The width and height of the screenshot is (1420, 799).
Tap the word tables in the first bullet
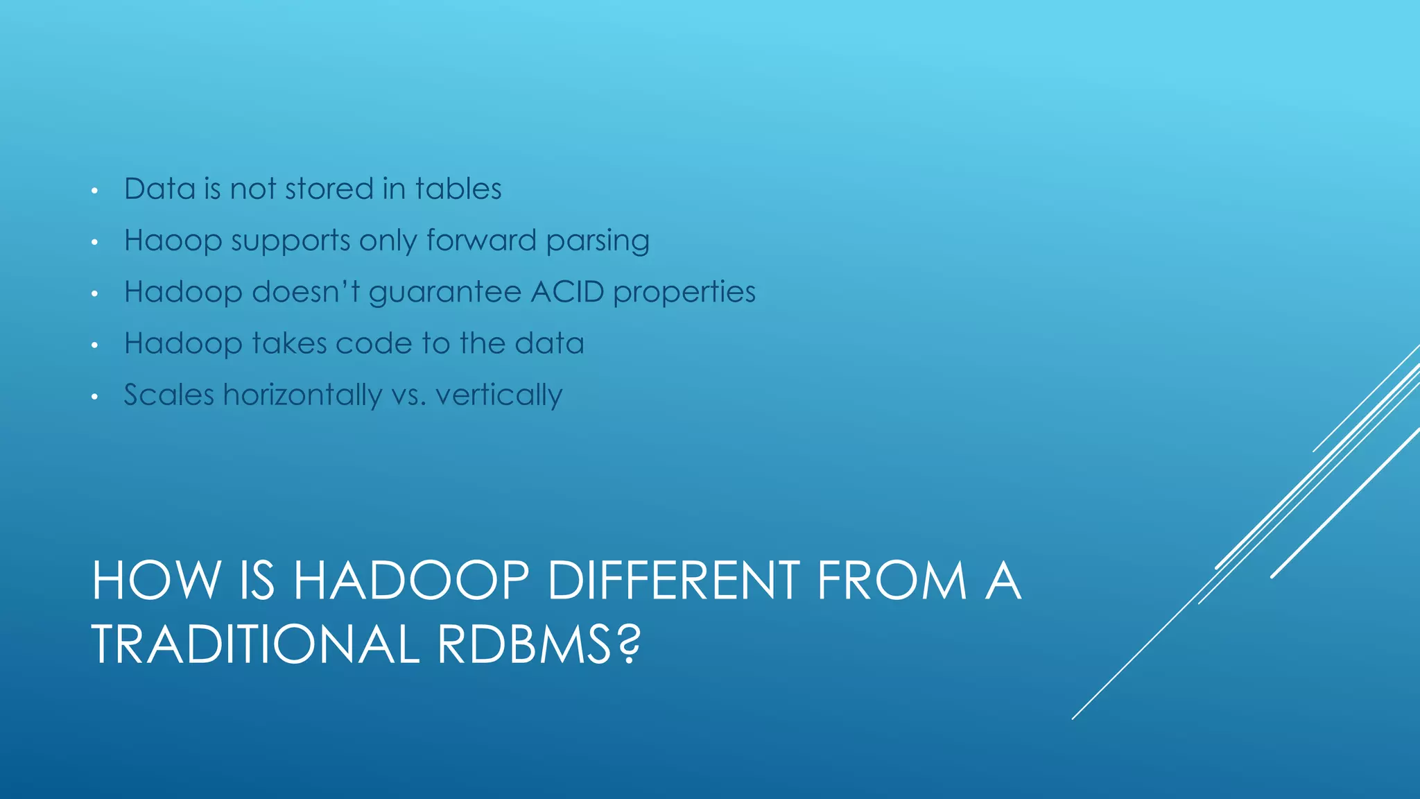point(458,189)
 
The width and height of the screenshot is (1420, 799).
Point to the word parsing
point(597,241)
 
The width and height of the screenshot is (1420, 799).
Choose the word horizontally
point(302,395)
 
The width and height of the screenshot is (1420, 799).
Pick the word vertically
point(499,395)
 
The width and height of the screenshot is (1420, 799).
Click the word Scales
point(168,395)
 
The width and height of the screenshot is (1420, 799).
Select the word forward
point(481,241)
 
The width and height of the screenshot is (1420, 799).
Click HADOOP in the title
point(411,581)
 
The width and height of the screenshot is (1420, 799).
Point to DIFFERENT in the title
point(674,581)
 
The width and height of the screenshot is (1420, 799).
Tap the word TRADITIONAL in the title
point(255,644)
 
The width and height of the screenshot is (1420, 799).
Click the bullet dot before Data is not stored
point(95,191)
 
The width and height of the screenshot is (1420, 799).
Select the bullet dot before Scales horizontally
point(95,397)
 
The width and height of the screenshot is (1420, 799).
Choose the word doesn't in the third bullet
point(306,292)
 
